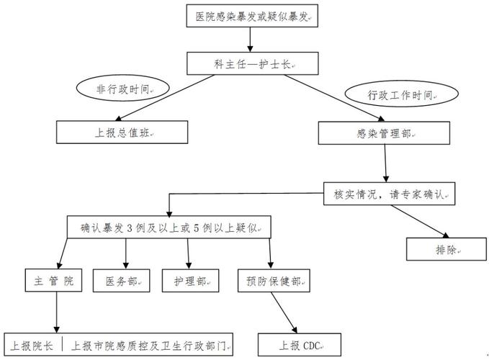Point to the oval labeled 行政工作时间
[x=402, y=94]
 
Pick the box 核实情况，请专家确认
[x=390, y=194]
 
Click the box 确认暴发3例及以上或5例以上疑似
[x=169, y=228]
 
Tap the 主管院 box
[x=54, y=280]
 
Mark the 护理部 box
[x=189, y=281]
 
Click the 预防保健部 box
[x=273, y=281]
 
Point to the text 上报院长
[x=32, y=343]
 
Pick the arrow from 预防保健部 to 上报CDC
[x=286, y=312]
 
